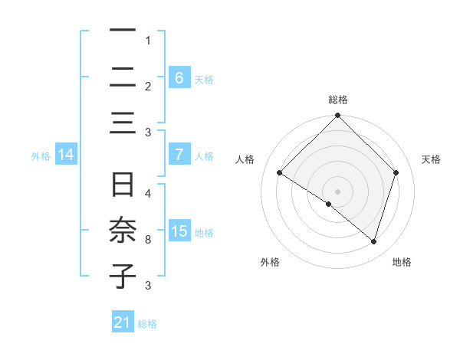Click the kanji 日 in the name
123,185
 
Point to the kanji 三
123,123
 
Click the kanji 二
123,77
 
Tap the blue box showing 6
179,77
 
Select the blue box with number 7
179,155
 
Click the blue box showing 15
179,231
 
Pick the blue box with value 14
66,155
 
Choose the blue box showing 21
123,323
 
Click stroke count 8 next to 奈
147,240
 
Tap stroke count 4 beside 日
147,193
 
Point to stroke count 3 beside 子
147,286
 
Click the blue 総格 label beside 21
147,324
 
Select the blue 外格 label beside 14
41,155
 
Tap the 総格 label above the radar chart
337,100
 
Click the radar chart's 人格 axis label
245,159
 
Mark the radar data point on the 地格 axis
374,241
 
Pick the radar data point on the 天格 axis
396,172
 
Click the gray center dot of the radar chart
337,191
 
